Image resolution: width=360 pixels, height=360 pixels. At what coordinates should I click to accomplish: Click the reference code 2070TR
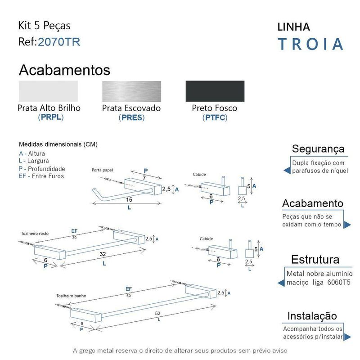point(59,42)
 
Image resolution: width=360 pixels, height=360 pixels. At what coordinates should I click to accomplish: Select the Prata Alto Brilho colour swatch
point(48,91)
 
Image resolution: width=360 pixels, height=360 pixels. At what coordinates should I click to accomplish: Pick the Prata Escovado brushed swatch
point(131,91)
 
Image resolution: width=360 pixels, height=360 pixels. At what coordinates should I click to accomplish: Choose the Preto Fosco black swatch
point(215,91)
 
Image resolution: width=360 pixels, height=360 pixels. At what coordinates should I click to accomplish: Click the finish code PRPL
point(50,117)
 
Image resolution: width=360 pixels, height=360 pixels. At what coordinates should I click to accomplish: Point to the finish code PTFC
point(215,118)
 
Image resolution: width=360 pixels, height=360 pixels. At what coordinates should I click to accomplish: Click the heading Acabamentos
point(64,70)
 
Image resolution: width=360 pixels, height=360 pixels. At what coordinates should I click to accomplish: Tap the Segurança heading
point(318,148)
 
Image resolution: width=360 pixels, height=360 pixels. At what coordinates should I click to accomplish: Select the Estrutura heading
point(315,259)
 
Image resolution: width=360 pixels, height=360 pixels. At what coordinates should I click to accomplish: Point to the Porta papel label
point(103,171)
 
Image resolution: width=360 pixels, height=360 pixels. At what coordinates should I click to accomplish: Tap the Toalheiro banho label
point(72,296)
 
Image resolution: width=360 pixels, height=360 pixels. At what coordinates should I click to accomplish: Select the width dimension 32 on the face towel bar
point(104,255)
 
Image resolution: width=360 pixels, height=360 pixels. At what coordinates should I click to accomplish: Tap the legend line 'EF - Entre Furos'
point(41,176)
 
